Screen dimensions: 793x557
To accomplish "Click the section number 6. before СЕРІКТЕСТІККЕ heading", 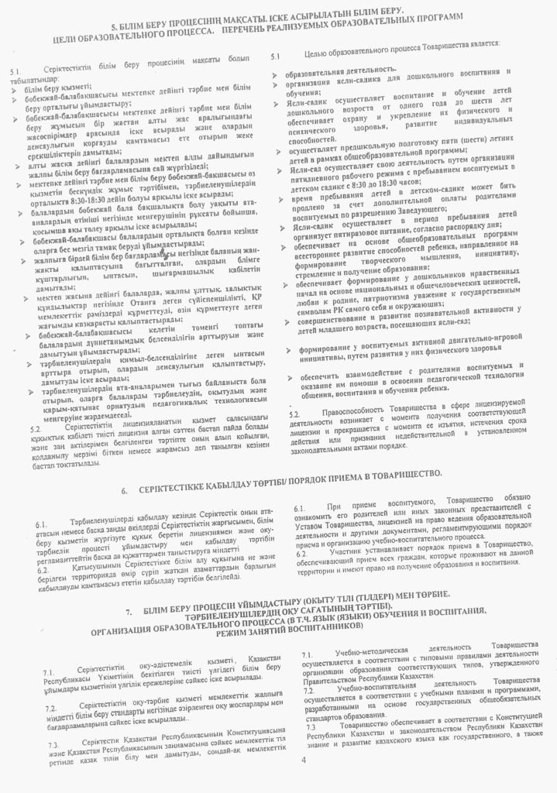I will (126, 491).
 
